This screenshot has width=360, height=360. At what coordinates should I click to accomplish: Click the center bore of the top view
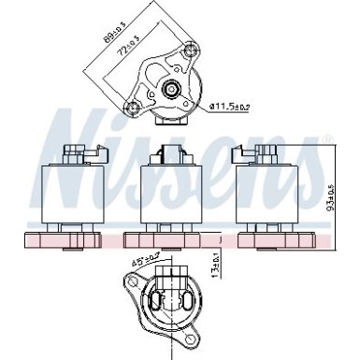(172, 90)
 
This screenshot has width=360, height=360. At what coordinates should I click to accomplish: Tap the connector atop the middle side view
(169, 152)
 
